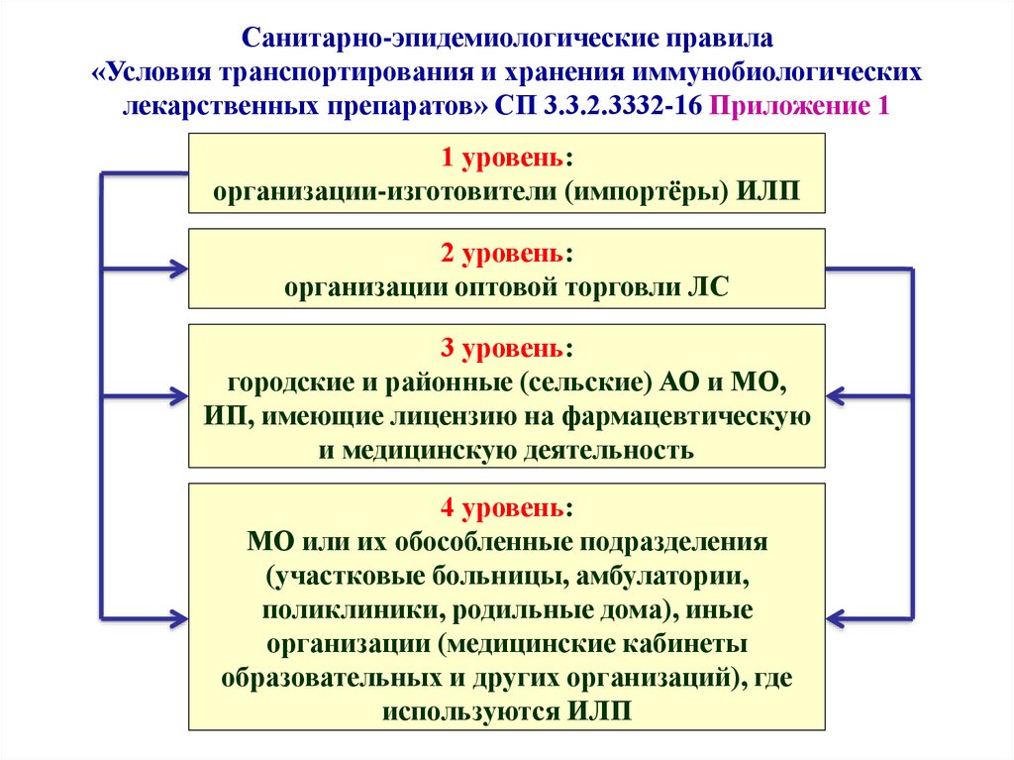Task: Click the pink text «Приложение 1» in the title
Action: pos(799,106)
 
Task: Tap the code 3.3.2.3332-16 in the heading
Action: pos(622,105)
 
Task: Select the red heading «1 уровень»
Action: pos(501,158)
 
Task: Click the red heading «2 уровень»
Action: pos(501,253)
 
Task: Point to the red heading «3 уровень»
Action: pos(501,348)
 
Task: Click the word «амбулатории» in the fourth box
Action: pos(661,577)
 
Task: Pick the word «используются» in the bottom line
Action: pos(471,711)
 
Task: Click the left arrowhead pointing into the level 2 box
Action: pos(178,268)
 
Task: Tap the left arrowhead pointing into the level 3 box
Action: pos(178,396)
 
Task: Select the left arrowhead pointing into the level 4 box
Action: pos(178,618)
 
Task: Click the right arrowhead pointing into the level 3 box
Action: pos(836,395)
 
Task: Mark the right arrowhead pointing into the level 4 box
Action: pos(836,619)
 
